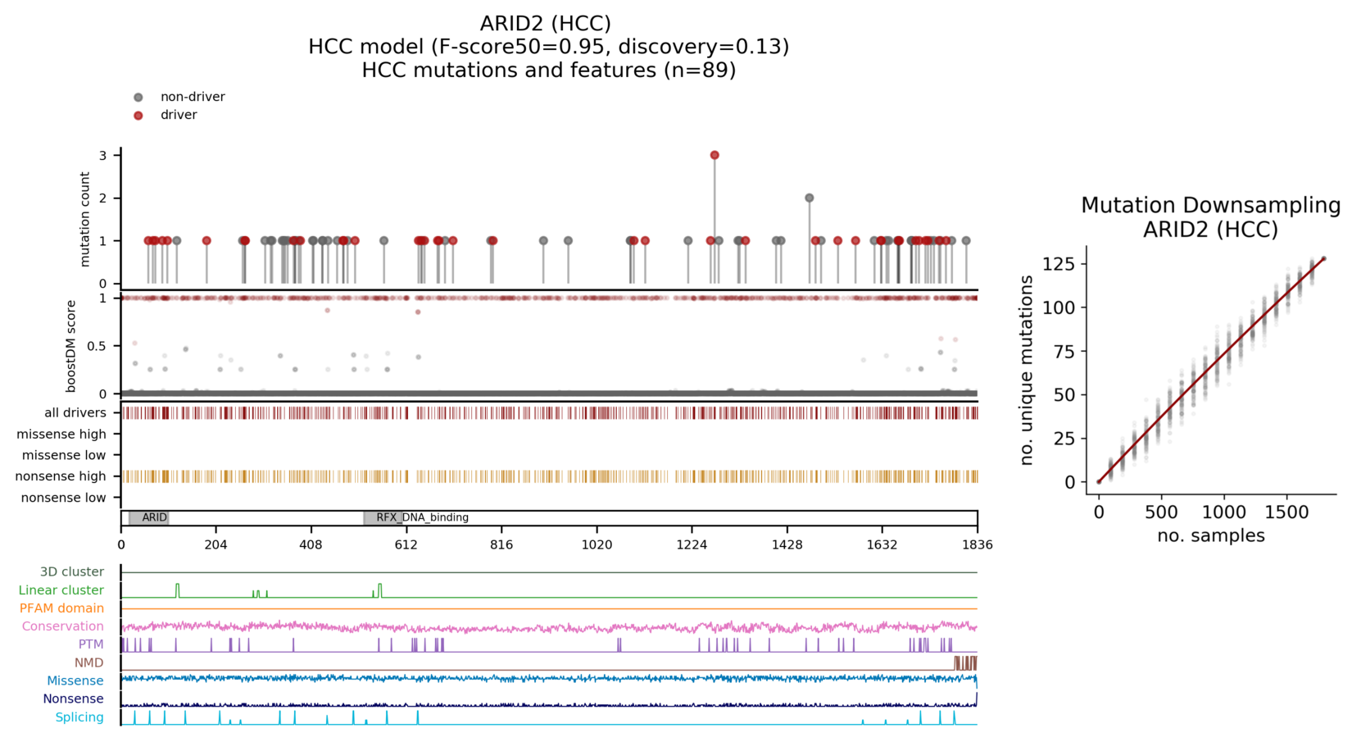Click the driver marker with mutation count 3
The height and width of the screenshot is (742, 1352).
[x=715, y=155]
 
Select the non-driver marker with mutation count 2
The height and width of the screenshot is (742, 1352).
[x=810, y=198]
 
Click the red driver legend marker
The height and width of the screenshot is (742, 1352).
[x=138, y=116]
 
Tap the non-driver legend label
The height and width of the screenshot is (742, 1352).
[x=193, y=97]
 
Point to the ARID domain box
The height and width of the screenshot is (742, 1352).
[x=149, y=517]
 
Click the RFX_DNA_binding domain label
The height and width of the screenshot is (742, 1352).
[x=422, y=517]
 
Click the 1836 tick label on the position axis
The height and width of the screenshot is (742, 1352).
[x=977, y=544]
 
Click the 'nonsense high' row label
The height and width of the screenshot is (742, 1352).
[x=61, y=476]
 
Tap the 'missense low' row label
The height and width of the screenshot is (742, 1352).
[x=63, y=455]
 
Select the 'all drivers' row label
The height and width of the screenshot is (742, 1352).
[x=75, y=412]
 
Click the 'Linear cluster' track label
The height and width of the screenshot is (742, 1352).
[x=61, y=590]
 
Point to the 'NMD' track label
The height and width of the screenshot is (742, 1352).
[x=88, y=662]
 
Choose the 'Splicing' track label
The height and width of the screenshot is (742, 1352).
[x=79, y=717]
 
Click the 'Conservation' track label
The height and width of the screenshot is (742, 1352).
[x=62, y=626]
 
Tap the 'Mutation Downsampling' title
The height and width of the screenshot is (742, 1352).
[x=1210, y=205]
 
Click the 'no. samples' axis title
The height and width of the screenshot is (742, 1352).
[x=1210, y=536]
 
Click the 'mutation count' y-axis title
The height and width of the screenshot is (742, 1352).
[x=85, y=219]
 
